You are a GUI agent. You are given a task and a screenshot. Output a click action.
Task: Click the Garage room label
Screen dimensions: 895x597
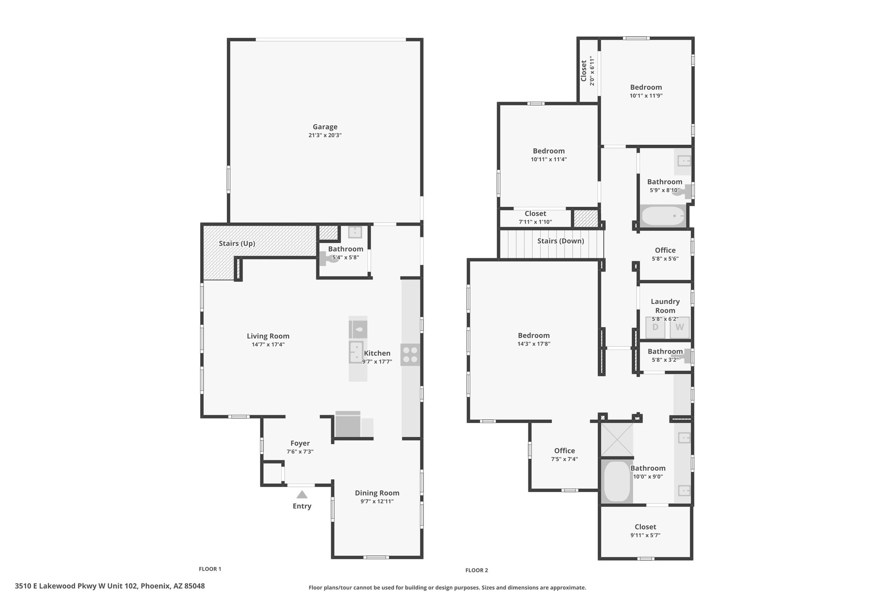pos(325,127)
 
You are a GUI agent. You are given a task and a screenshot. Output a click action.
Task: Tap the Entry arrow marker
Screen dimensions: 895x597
pos(302,495)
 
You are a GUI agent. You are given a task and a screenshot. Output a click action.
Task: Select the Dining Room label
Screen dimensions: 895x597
pos(377,493)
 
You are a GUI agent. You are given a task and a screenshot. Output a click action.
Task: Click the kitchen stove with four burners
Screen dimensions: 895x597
pos(410,355)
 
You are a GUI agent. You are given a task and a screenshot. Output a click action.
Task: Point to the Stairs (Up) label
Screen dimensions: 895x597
pos(237,243)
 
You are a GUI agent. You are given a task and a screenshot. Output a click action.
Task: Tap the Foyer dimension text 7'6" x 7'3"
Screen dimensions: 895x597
pos(300,451)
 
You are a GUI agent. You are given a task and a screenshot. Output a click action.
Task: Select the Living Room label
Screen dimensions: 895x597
pos(268,336)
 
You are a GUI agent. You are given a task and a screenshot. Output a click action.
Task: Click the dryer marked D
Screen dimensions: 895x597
pos(655,328)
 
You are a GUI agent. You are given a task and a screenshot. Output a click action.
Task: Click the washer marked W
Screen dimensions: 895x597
pos(680,328)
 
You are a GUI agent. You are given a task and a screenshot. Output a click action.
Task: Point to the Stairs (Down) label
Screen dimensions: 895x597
pos(561,241)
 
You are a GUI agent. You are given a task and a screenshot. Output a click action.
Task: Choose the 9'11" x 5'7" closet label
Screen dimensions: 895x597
pos(645,535)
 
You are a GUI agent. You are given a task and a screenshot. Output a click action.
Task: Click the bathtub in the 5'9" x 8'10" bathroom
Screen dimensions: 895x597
pos(663,216)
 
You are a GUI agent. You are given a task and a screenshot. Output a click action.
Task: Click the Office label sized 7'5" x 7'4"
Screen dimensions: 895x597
pos(565,450)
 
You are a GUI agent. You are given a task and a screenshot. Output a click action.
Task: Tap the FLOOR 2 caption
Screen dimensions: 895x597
pos(477,570)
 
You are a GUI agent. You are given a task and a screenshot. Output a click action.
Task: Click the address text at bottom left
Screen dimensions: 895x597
pos(110,586)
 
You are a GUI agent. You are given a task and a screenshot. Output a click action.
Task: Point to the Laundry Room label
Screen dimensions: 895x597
pos(665,306)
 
